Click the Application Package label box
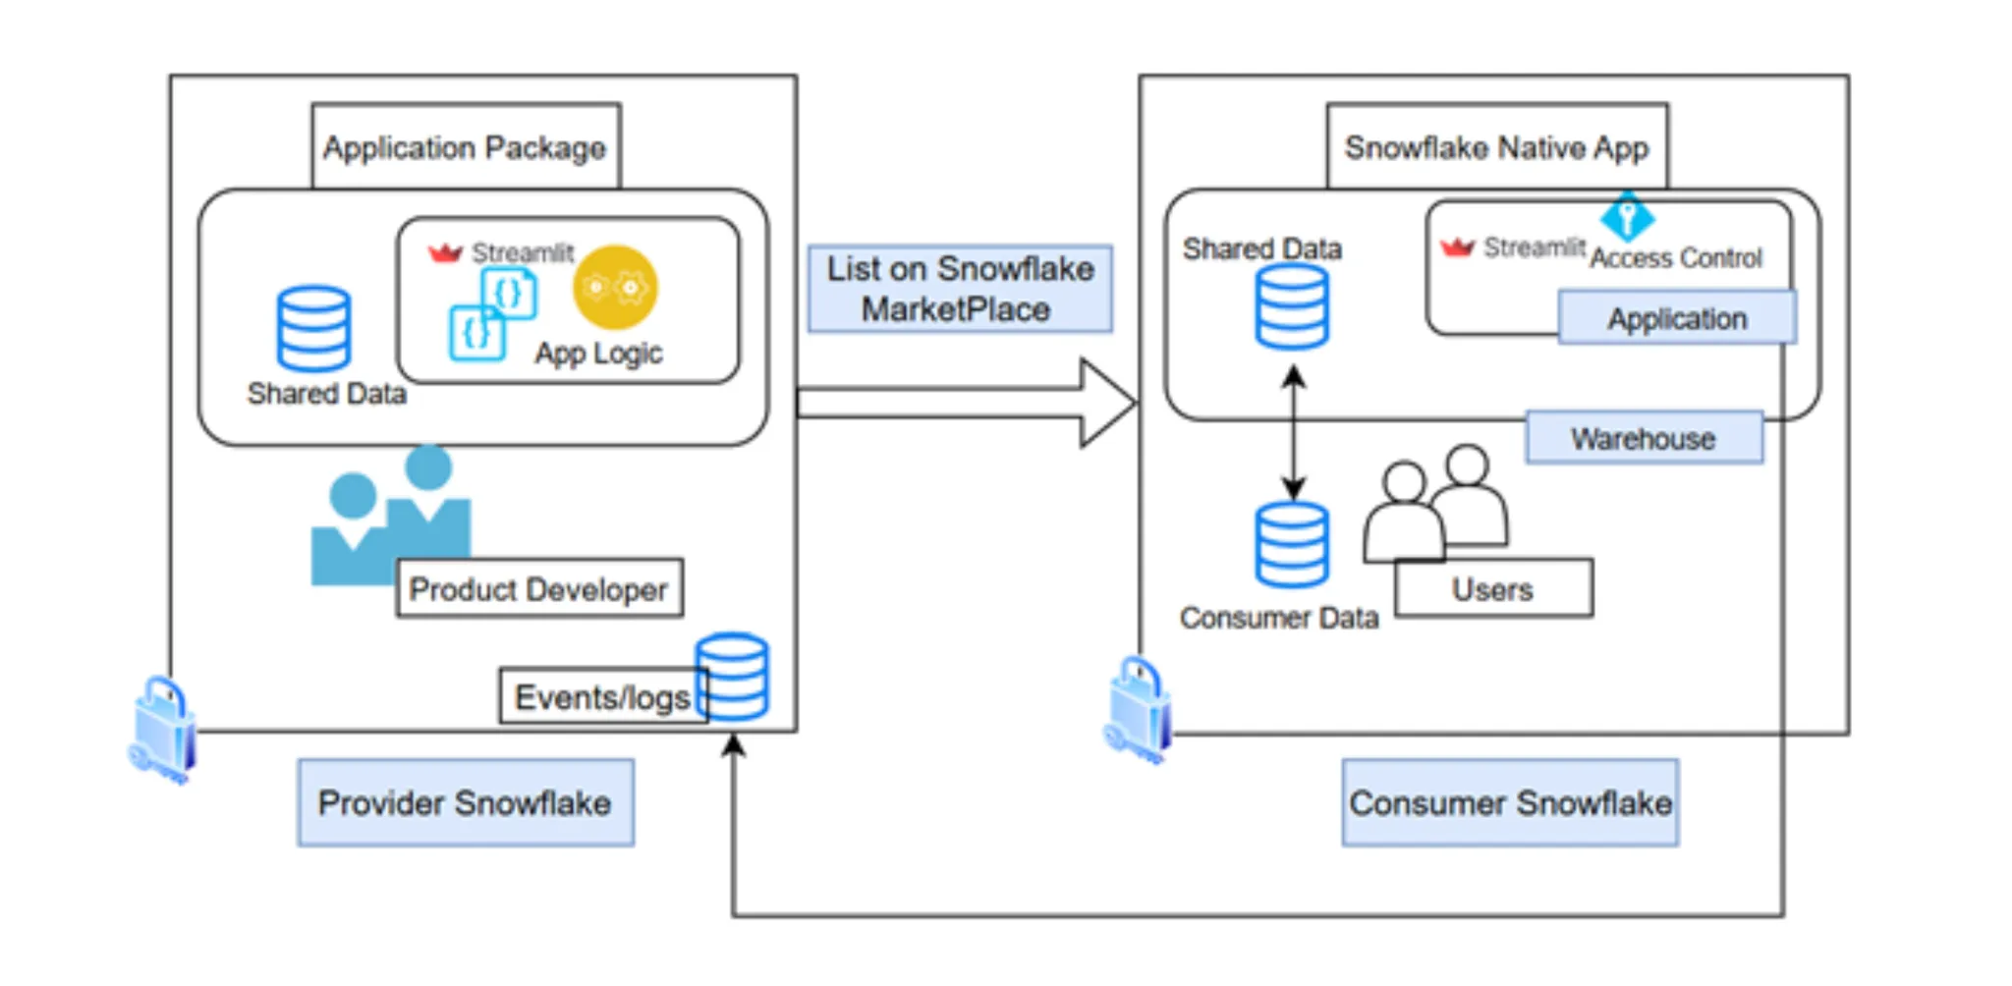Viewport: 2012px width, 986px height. pyautogui.click(x=466, y=146)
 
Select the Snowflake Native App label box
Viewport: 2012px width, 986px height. pyautogui.click(x=1496, y=146)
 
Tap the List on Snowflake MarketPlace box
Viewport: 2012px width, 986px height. pyautogui.click(x=960, y=289)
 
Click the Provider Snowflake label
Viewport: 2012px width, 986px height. pyautogui.click(x=466, y=802)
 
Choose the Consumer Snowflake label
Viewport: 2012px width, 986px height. pyautogui.click(x=1510, y=802)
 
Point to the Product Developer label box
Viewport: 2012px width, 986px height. pyautogui.click(x=539, y=588)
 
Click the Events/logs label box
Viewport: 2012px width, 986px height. pyautogui.click(x=601, y=696)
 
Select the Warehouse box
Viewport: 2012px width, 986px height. pyautogui.click(x=1644, y=438)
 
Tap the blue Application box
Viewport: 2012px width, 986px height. pyautogui.click(x=1677, y=318)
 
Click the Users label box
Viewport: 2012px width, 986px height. pyautogui.click(x=1493, y=588)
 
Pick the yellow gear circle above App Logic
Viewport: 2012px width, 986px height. pyautogui.click(x=615, y=287)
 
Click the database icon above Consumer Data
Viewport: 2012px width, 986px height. pyautogui.click(x=1292, y=544)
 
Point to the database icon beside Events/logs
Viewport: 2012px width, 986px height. pyautogui.click(x=732, y=677)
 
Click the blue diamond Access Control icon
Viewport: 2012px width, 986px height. pyautogui.click(x=1627, y=215)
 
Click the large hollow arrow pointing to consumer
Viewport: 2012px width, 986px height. pyautogui.click(x=968, y=403)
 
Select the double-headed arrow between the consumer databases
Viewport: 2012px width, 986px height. pyautogui.click(x=1294, y=432)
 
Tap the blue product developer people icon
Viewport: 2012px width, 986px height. pyautogui.click(x=391, y=516)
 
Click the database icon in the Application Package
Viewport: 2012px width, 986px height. pyautogui.click(x=313, y=328)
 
